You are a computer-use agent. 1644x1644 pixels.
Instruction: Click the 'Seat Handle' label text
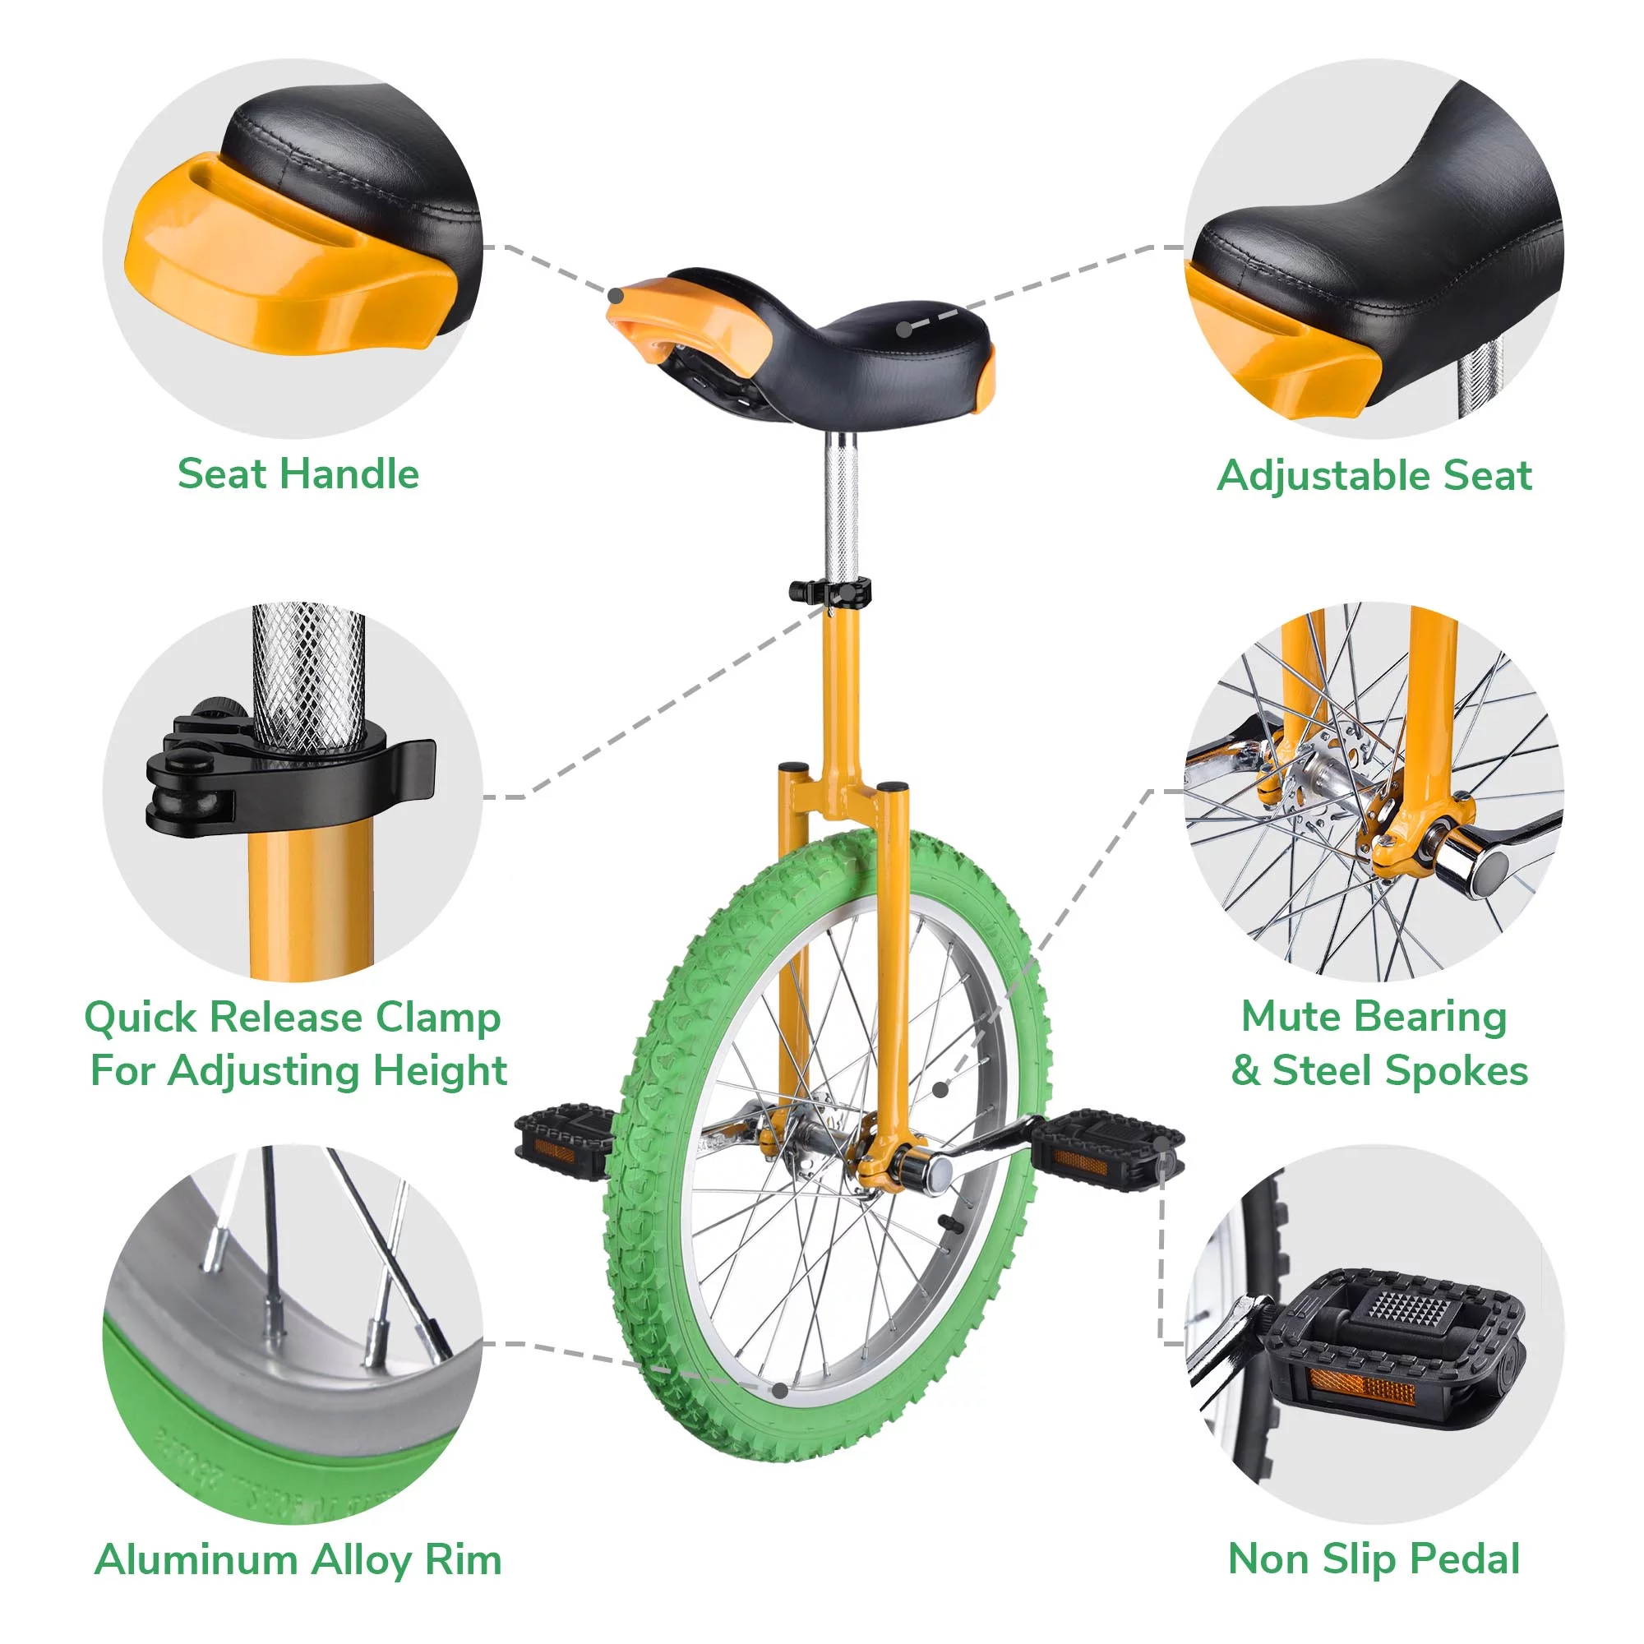tap(298, 474)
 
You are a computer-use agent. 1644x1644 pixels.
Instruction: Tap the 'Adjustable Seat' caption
tap(1374, 475)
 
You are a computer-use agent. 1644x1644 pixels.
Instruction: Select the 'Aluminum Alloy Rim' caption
tap(298, 1560)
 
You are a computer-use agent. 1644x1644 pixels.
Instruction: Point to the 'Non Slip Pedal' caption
tap(1374, 1560)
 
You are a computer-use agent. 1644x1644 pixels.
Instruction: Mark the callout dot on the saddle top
tap(903, 327)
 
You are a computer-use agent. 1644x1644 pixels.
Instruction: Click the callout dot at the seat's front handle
tap(614, 295)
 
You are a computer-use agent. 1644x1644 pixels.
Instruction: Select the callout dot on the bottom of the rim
tap(779, 1391)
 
